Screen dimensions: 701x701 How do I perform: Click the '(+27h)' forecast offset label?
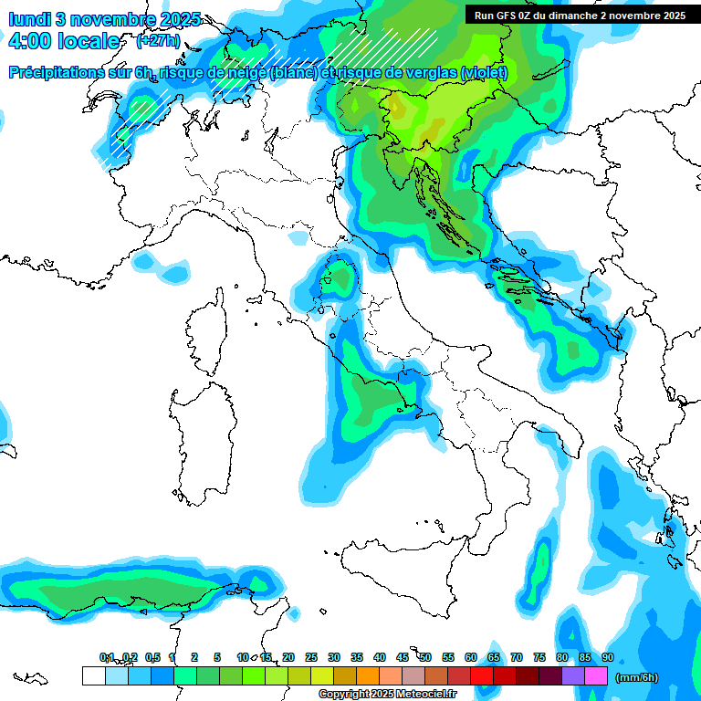[157, 41]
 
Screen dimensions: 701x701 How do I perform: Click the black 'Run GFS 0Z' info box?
[580, 15]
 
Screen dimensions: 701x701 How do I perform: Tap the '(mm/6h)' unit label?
[636, 676]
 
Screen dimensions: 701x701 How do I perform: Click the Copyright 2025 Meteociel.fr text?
[387, 694]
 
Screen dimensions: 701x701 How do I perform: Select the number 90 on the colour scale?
[607, 657]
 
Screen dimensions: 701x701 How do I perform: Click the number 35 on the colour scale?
[357, 657]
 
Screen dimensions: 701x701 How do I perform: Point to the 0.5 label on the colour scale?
[152, 657]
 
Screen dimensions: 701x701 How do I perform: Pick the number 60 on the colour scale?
[471, 657]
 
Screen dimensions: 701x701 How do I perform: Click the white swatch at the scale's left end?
[93, 675]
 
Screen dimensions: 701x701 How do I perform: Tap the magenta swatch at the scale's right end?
[596, 675]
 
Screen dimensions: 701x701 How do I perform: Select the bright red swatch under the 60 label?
[482, 675]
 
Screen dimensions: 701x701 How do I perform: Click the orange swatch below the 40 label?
[368, 675]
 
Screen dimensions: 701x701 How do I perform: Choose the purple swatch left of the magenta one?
[573, 675]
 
